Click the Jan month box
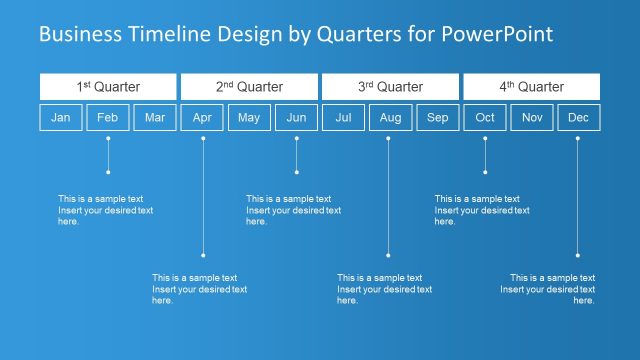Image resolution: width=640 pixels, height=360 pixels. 61,118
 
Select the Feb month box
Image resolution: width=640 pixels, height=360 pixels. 108,118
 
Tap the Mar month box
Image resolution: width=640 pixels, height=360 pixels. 155,118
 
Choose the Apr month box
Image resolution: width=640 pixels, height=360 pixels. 202,118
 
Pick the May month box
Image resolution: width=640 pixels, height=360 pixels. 249,118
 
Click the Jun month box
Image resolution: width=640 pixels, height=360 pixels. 296,118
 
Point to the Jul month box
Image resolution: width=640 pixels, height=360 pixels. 343,118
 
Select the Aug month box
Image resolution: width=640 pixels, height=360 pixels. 390,118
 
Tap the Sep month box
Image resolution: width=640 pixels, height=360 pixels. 437,118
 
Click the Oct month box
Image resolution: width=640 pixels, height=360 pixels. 485,118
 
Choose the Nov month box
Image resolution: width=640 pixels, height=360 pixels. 532,118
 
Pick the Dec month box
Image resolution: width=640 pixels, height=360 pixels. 578,118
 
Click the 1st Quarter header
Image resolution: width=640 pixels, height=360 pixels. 108,87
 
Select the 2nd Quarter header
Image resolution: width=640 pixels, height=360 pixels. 249,87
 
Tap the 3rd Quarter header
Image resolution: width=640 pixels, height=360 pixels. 390,87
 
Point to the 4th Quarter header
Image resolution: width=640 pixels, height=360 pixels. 532,87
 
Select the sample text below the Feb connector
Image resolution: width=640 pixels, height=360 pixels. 106,210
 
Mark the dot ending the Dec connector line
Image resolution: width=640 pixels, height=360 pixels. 577,255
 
